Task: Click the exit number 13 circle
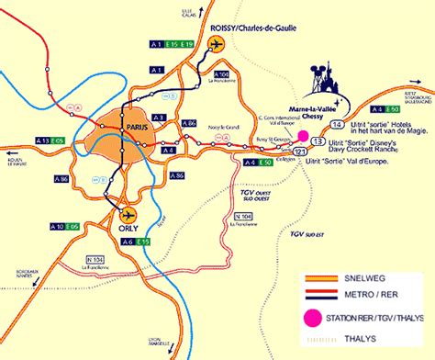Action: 318,141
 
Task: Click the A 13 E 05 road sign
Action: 50,139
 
